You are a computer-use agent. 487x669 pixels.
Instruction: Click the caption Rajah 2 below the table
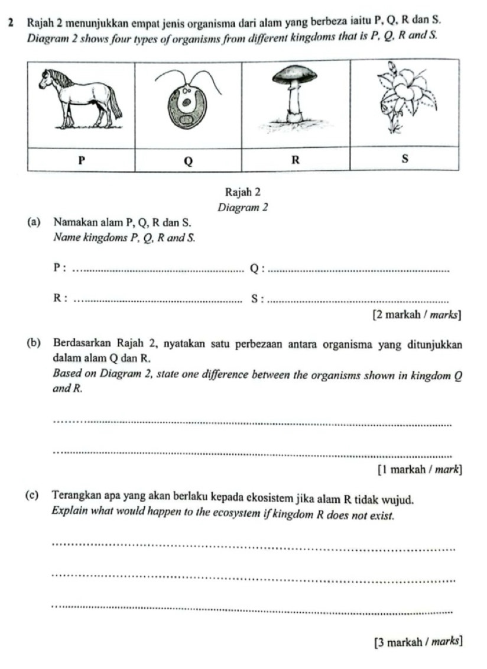point(243,192)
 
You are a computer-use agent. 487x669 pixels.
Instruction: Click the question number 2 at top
point(12,22)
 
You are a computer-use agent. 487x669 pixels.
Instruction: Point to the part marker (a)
point(34,223)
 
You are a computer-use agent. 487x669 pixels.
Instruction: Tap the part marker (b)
point(34,344)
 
